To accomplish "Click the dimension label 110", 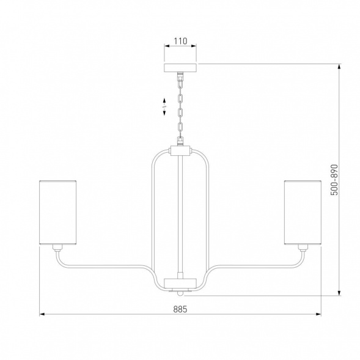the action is [180, 41].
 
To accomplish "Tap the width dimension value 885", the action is [180, 309].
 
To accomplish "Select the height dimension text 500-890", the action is [334, 180].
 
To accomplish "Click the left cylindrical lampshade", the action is [57, 212].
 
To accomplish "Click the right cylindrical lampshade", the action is [303, 212].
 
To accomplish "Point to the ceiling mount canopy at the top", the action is [180, 67].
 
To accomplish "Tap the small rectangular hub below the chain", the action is [180, 151].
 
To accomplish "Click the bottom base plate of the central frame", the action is [180, 284].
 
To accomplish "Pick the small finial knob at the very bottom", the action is [180, 293].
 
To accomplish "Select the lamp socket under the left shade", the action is [57, 248].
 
